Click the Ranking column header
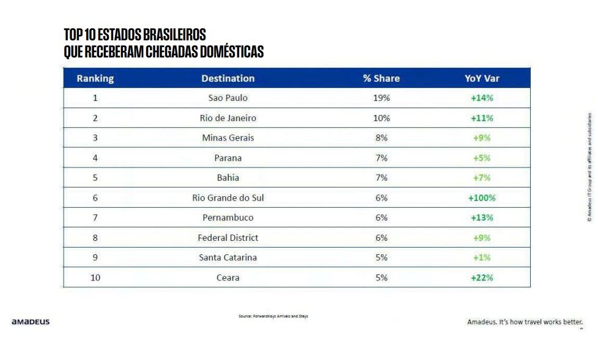95,78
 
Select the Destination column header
227,78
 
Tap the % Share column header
381,78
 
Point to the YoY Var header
482,78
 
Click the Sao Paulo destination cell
227,98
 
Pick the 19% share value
381,98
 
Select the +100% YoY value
482,198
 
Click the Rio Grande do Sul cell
227,198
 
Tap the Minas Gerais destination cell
227,138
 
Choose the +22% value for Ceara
482,277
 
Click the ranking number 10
95,277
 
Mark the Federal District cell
227,238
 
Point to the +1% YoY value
482,257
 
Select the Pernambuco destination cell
227,218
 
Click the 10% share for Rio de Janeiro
381,118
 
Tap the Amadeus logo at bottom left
31,321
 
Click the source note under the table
273,316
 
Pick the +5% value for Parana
482,158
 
